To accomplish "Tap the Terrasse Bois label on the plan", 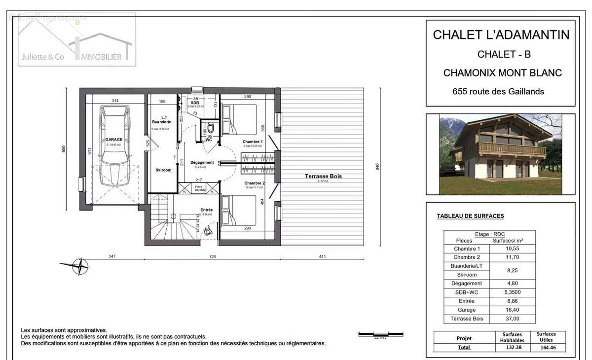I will point(323,176).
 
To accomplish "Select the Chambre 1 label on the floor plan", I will point(253,142).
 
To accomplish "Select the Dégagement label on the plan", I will point(202,162).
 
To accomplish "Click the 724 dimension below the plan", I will point(213,256).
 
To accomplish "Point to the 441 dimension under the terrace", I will point(323,256).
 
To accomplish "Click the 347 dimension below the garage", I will point(111,256).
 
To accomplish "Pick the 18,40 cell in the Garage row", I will point(511,310).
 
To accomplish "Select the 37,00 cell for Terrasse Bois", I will point(511,319).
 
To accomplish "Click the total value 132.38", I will point(511,347).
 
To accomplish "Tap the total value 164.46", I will point(546,347).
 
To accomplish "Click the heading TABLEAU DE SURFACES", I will point(470,216).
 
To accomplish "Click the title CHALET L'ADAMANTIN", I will point(501,35).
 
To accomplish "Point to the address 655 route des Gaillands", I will point(498,91).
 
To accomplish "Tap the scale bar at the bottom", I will point(379,335).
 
